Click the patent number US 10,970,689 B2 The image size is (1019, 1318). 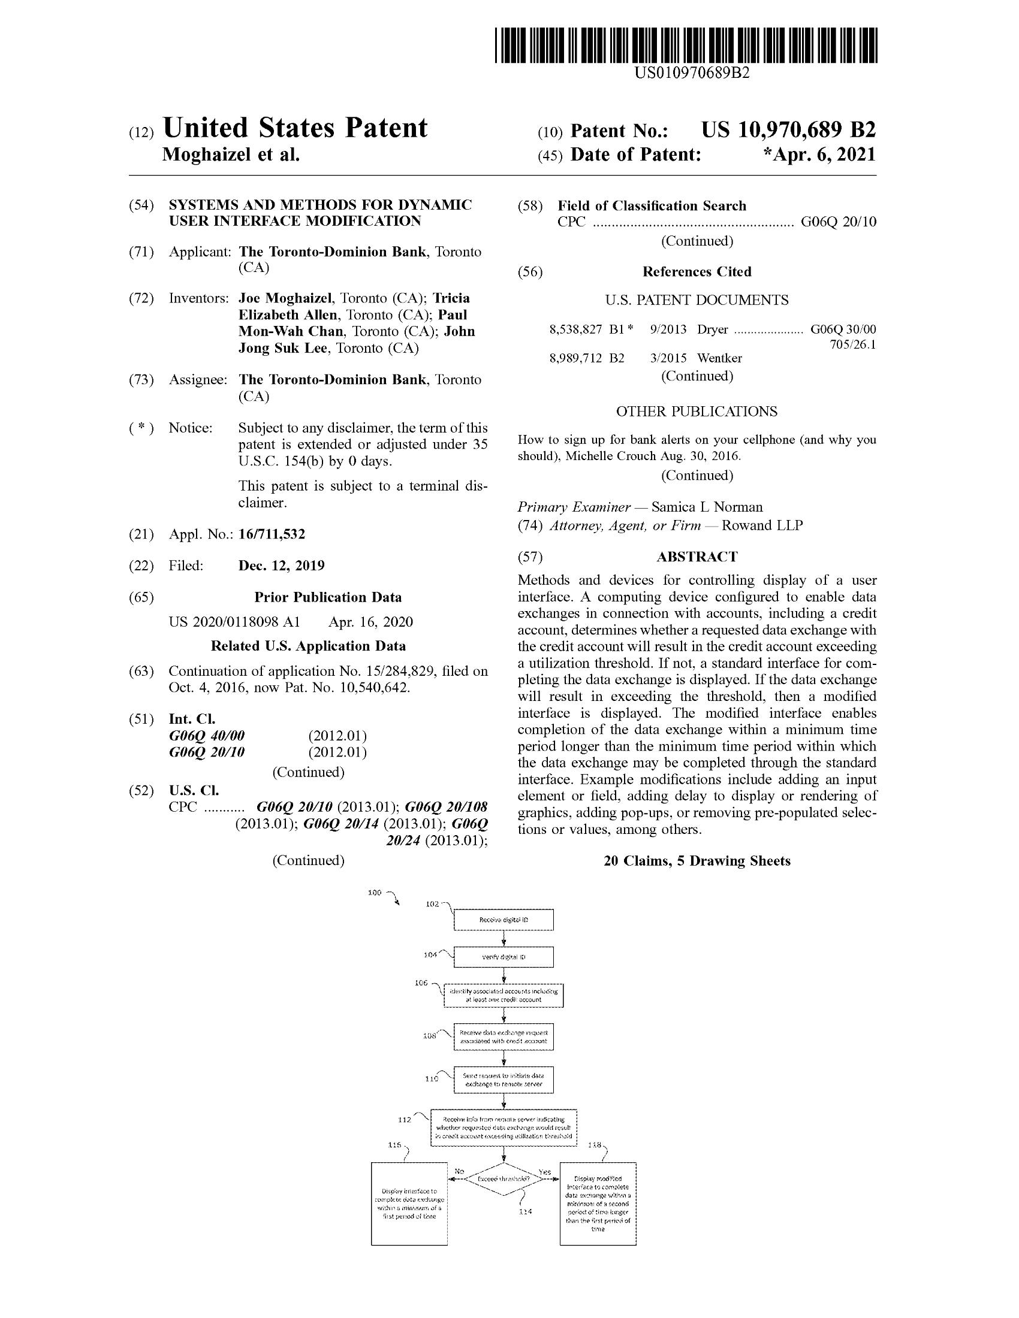[788, 130]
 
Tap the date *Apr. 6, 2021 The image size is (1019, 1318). [819, 155]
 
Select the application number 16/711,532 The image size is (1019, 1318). [272, 534]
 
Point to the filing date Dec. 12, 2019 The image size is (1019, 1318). [281, 566]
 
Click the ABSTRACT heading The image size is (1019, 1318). [697, 557]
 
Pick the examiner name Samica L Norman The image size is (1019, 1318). [707, 507]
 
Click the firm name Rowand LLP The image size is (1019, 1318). [762, 525]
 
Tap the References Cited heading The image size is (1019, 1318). [697, 271]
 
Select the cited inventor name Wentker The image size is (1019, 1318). [719, 358]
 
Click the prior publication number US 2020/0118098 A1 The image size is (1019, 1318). [234, 622]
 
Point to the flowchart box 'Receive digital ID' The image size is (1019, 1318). [504, 920]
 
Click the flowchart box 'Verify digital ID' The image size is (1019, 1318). [504, 957]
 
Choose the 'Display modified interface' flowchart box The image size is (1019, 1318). [598, 1204]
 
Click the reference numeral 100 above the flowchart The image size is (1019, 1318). [375, 893]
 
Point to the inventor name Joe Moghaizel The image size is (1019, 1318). [285, 298]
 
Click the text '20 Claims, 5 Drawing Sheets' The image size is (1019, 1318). [697, 860]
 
